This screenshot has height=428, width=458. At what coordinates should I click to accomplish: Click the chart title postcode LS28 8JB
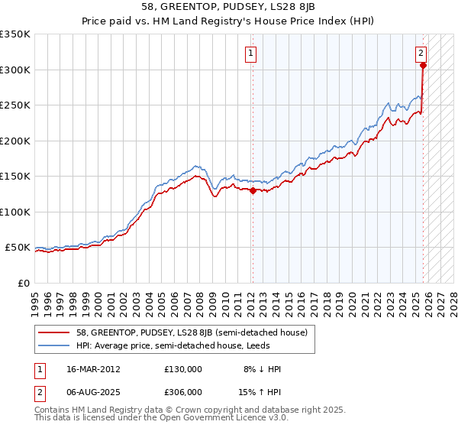(284, 6)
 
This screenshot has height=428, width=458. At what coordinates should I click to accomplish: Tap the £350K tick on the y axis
(15, 34)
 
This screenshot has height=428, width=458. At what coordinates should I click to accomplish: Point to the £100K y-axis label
(15, 212)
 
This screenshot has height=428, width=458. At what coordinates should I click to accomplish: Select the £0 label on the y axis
(23, 283)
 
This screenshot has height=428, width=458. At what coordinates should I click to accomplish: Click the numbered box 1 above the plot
(251, 53)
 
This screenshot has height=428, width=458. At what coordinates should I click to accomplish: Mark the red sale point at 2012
(253, 190)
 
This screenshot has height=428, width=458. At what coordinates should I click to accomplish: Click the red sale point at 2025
(424, 66)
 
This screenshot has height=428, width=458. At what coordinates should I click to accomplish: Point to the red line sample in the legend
(55, 332)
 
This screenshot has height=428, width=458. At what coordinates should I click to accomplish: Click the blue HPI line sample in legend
(55, 345)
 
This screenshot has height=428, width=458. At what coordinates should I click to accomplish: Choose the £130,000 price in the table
(183, 368)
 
